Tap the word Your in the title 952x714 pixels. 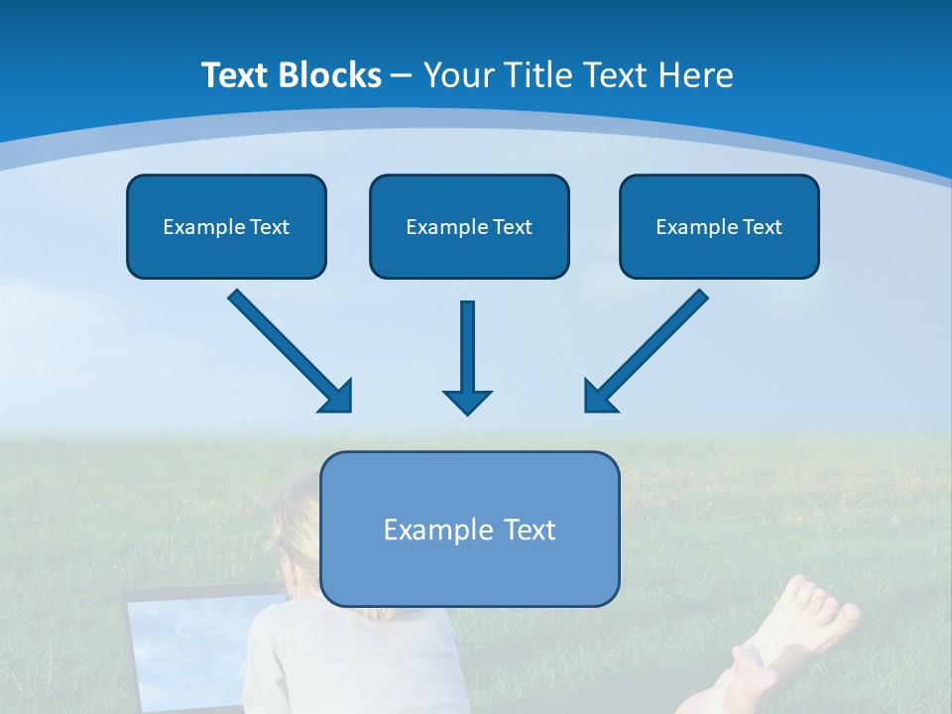(460, 75)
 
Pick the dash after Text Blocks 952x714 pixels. (402, 75)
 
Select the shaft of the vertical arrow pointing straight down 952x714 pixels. (467, 342)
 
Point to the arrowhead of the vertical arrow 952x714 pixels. (467, 402)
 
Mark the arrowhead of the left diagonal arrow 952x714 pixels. (337, 397)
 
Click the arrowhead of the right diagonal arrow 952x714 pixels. (599, 397)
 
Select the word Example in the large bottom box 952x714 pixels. (425, 530)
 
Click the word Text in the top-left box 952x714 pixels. (269, 227)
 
